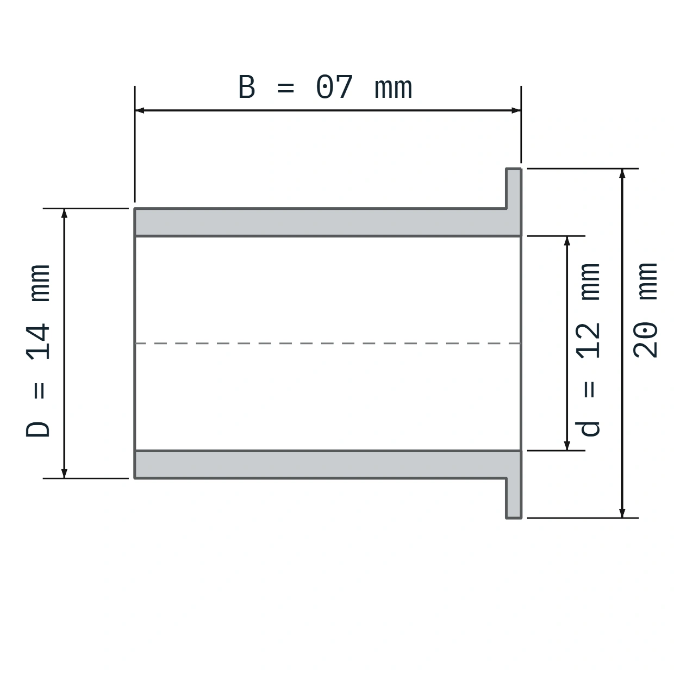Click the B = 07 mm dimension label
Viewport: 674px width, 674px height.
[325, 87]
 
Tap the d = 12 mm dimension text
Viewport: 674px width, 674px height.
[588, 350]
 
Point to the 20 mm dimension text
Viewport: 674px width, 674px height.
[645, 310]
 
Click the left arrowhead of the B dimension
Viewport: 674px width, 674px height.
[139, 110]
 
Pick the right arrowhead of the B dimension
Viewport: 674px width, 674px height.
[516, 110]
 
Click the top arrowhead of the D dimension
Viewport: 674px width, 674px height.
[64, 213]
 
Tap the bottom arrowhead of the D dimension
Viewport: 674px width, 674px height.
[64, 473]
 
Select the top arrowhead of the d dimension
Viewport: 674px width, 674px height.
[567, 241]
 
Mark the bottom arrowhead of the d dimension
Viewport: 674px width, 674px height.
[567, 446]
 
